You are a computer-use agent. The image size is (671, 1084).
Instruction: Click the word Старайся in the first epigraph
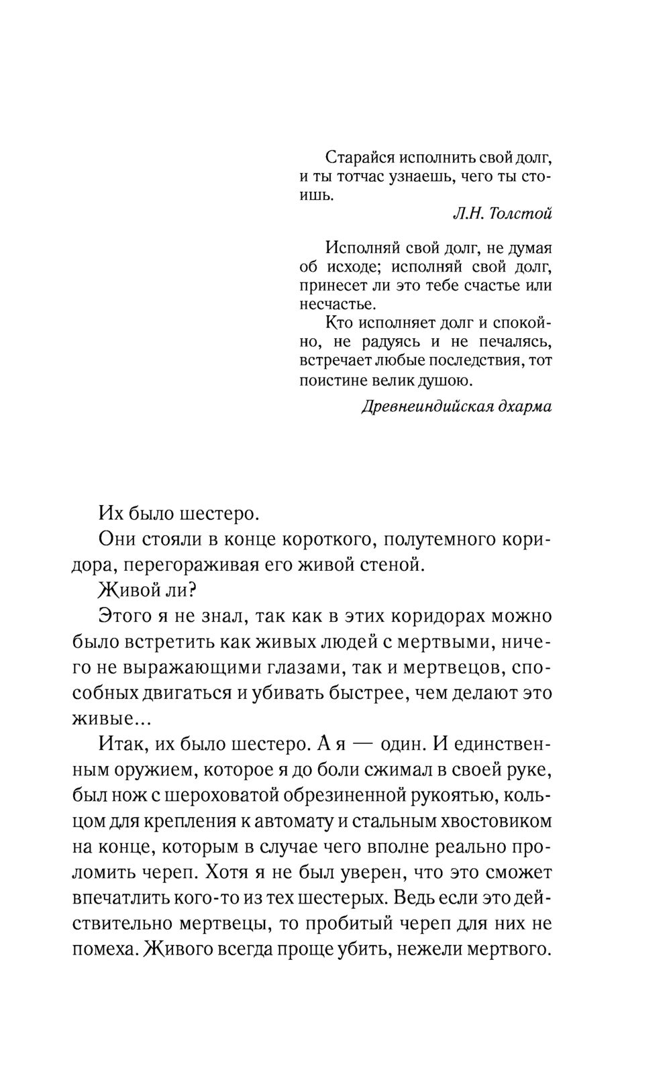(359, 158)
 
